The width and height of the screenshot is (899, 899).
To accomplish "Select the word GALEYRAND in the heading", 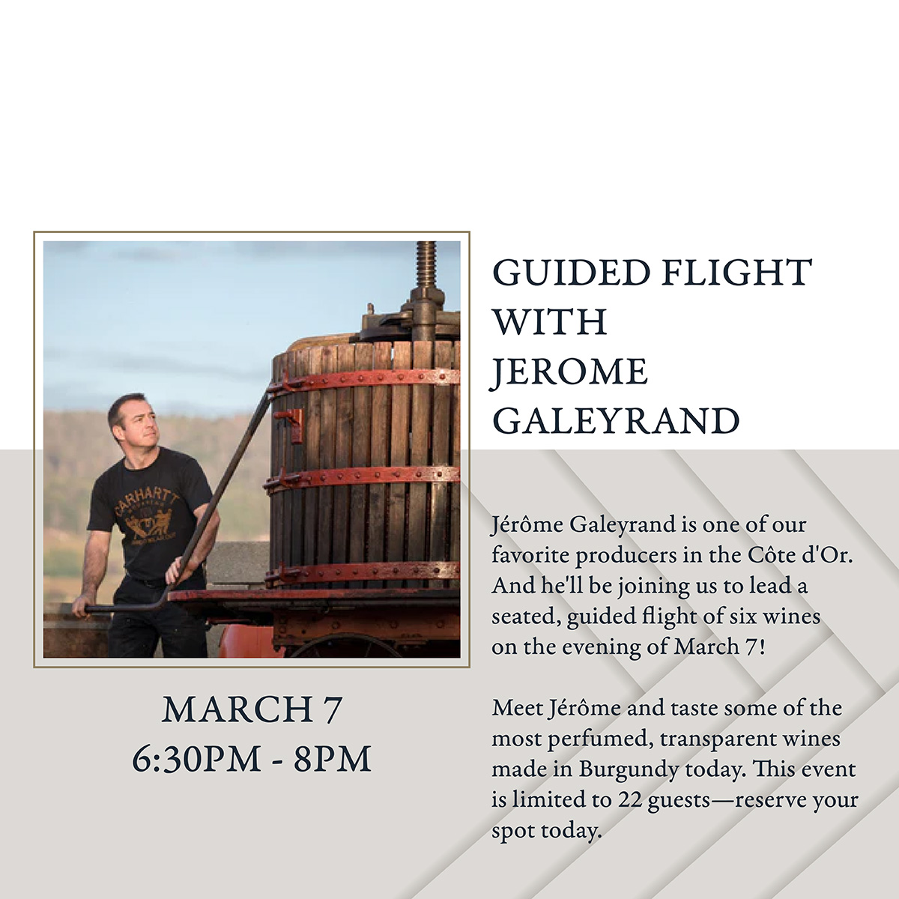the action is click(x=616, y=421).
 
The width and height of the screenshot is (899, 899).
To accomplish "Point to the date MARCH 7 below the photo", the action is click(x=252, y=710).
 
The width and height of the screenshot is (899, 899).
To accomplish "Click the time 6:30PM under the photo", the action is click(x=196, y=760).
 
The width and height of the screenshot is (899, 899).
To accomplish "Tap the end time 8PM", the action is click(x=332, y=760).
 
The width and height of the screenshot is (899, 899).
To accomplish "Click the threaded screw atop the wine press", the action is click(x=426, y=265).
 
